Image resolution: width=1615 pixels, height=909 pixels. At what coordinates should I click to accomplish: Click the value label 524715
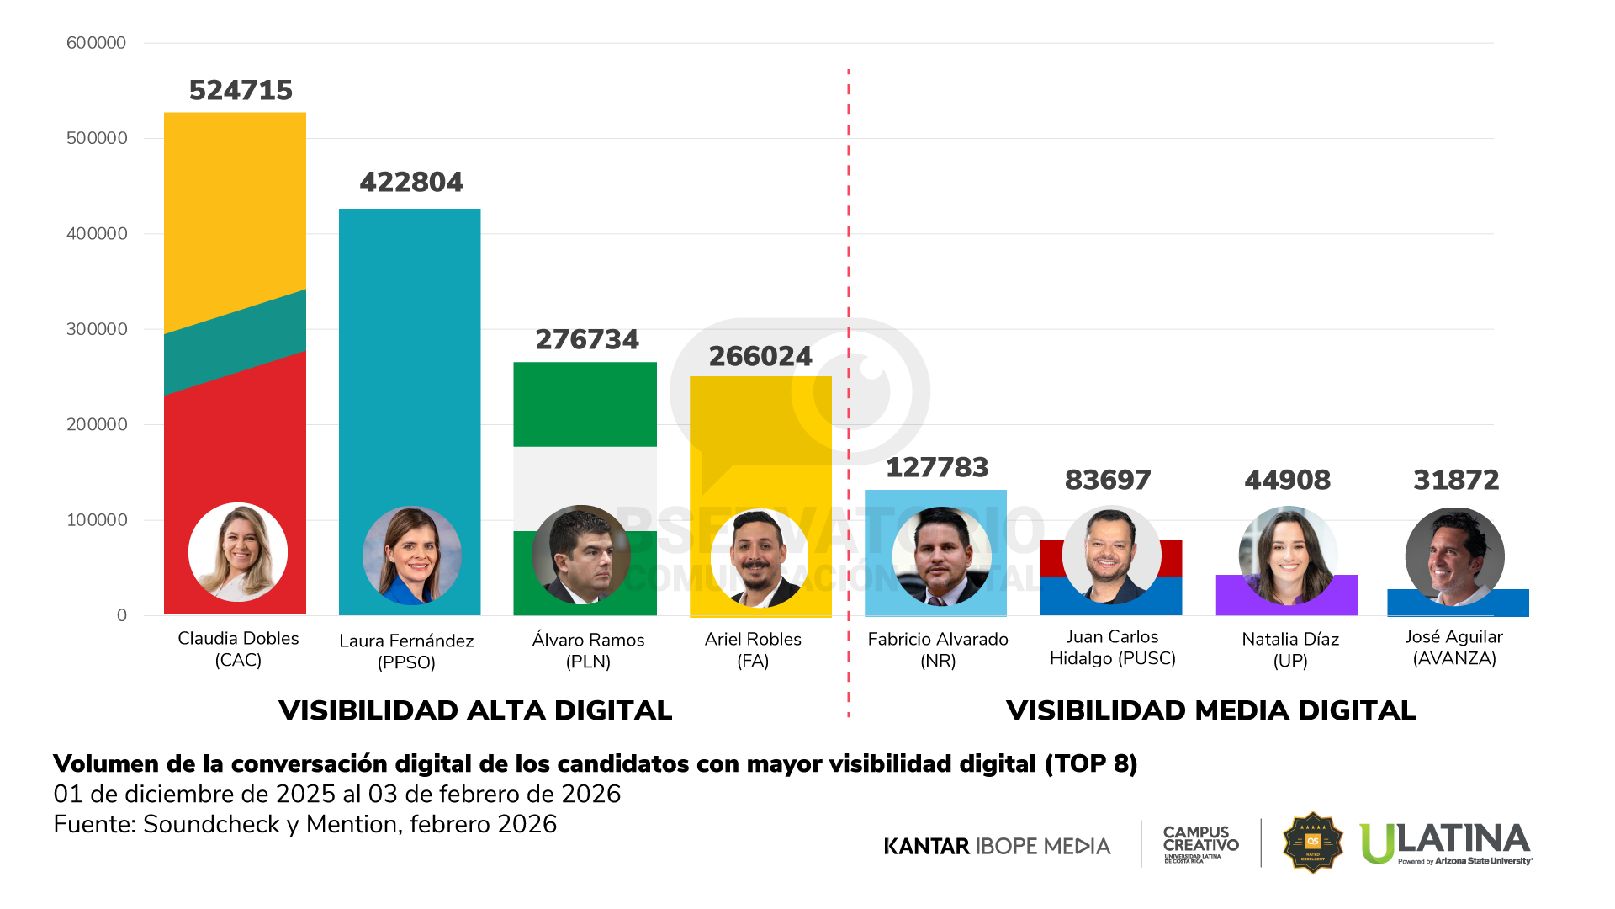(x=241, y=90)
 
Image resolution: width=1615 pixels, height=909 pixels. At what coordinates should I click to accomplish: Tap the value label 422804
(x=411, y=182)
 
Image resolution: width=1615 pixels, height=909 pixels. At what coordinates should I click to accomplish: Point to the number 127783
(x=937, y=467)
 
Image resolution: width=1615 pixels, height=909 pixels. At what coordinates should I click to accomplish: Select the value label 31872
(x=1456, y=480)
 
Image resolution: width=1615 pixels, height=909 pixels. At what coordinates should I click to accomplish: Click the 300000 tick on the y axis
(x=97, y=329)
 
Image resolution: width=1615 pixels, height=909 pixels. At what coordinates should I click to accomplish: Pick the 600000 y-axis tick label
(x=96, y=43)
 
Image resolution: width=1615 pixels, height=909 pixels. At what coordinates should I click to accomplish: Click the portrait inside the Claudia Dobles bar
(x=238, y=552)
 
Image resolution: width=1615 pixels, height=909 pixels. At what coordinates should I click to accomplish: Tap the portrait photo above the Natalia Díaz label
(x=1288, y=555)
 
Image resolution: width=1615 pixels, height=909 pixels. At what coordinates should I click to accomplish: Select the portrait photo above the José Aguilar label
(x=1454, y=557)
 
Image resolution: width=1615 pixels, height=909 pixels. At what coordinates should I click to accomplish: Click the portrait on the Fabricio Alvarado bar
(x=941, y=556)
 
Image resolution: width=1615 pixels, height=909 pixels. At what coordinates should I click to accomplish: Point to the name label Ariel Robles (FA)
(x=753, y=650)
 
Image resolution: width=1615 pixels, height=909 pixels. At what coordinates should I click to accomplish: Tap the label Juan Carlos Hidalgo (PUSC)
(x=1112, y=647)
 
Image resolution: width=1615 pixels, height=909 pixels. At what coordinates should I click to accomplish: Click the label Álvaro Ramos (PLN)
(x=588, y=650)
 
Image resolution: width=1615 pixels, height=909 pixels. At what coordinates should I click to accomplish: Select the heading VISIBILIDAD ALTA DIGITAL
(x=475, y=710)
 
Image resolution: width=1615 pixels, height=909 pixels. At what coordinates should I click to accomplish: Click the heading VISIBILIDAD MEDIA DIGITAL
(x=1210, y=710)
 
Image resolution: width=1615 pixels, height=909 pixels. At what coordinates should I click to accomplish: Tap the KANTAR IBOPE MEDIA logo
(x=997, y=846)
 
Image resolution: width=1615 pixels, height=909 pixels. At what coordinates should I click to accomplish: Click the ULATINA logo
(x=1446, y=843)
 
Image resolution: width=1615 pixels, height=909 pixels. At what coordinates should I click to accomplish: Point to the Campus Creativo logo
(x=1200, y=843)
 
